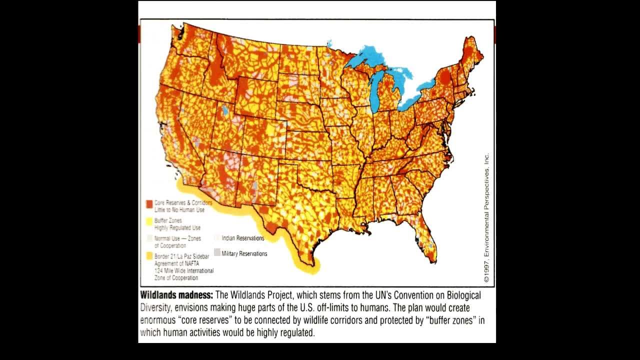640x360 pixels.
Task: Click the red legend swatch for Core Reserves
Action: click(x=148, y=204)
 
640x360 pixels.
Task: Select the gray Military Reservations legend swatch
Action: click(x=217, y=252)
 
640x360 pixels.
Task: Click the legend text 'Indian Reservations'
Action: click(x=243, y=238)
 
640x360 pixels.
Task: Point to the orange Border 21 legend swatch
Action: click(x=148, y=255)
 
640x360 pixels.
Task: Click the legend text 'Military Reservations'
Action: click(x=244, y=253)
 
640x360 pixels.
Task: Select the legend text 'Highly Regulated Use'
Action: click(x=177, y=228)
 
